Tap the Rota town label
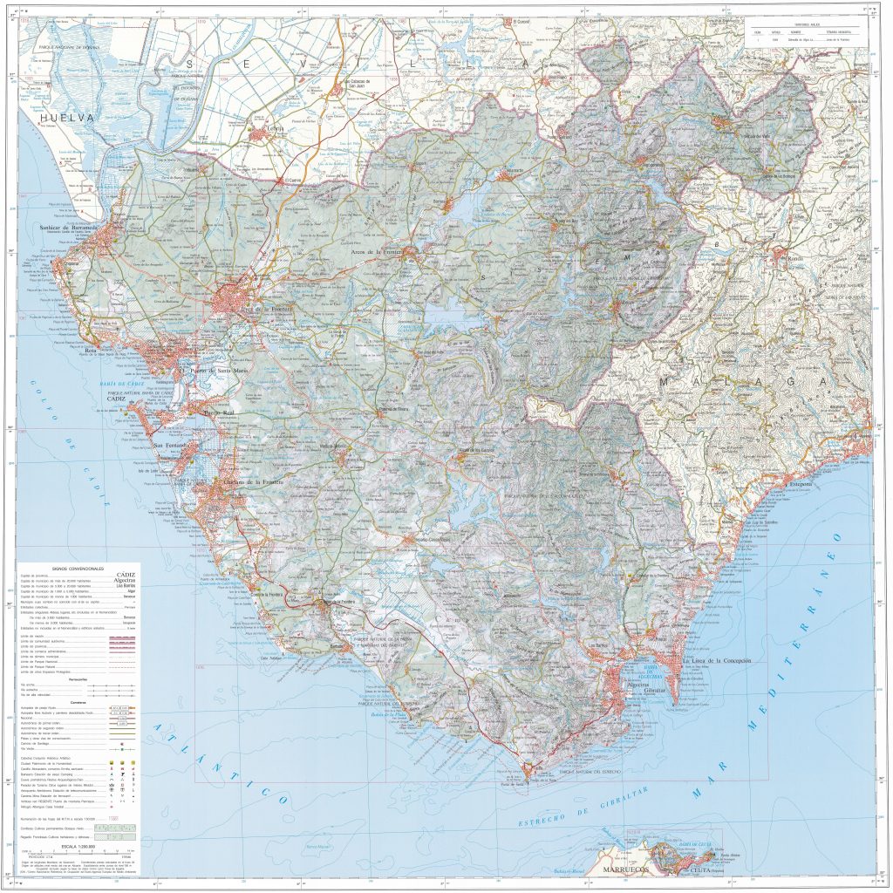(90, 351)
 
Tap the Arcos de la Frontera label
(376, 252)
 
